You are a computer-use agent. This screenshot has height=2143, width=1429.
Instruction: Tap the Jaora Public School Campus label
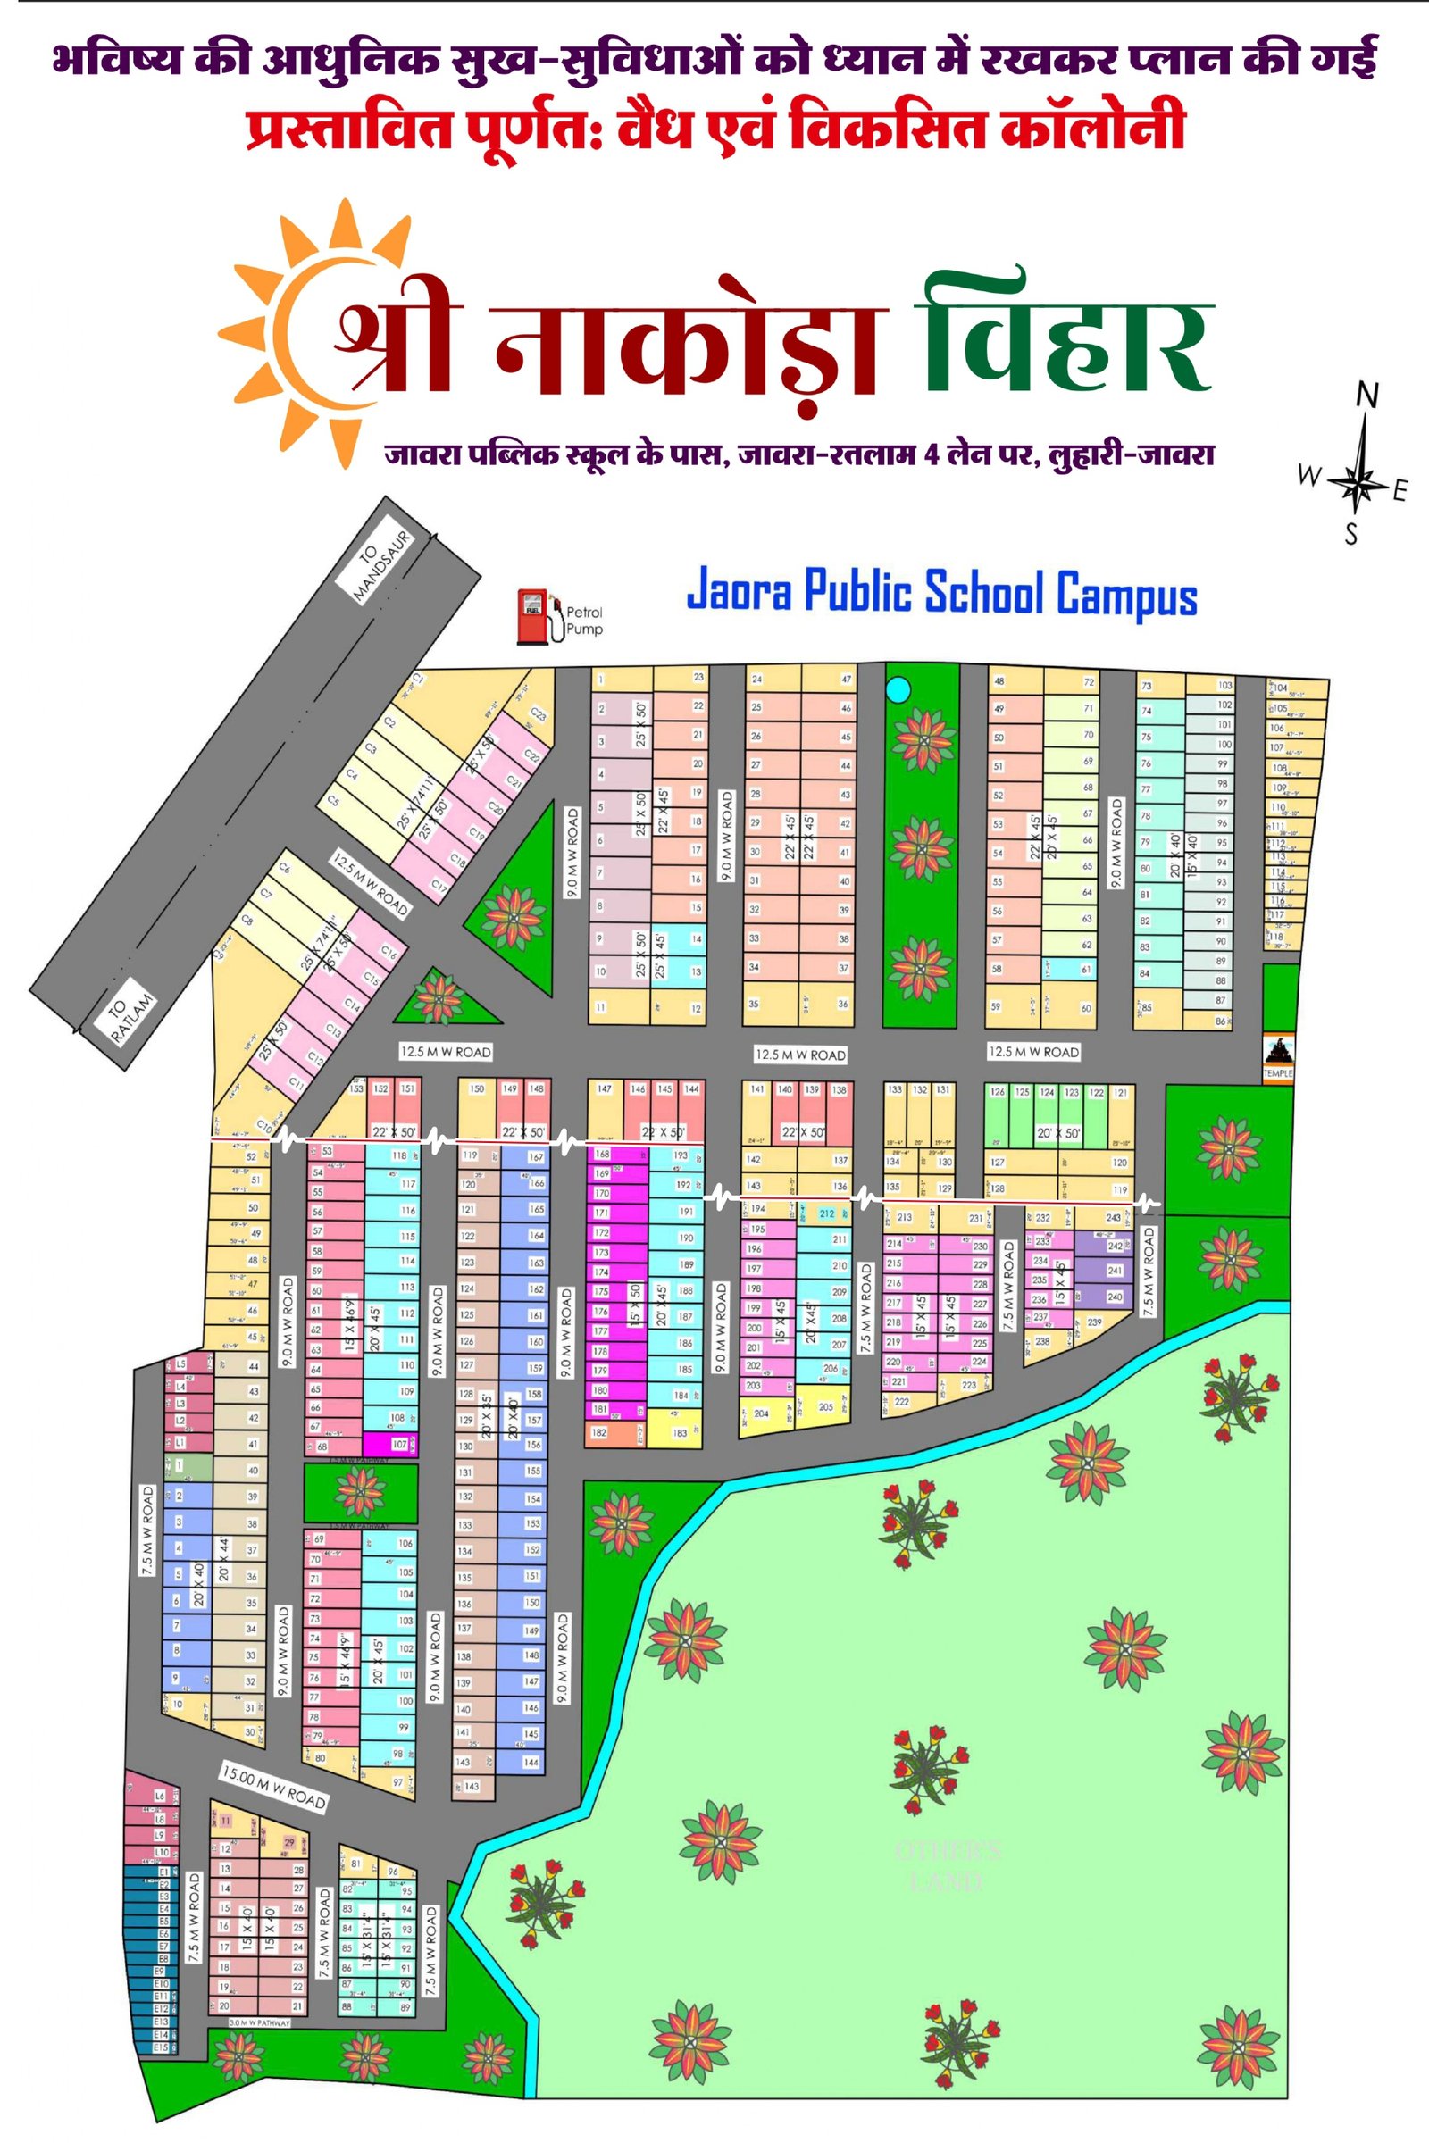click(x=940, y=593)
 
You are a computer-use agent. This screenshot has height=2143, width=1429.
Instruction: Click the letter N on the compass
click(x=1367, y=395)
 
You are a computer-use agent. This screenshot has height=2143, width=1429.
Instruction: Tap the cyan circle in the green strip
click(x=898, y=688)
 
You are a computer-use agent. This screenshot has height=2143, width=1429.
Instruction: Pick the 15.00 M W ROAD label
click(x=273, y=1787)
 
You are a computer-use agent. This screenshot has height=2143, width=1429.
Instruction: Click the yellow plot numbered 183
click(x=680, y=1433)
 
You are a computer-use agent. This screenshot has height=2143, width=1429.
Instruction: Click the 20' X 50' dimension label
click(x=1059, y=1133)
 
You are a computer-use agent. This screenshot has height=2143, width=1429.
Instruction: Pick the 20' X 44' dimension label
click(x=224, y=1559)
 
